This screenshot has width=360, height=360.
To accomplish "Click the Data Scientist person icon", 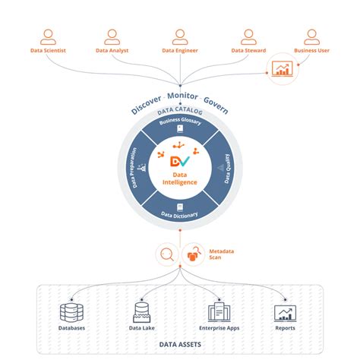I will click(x=49, y=36).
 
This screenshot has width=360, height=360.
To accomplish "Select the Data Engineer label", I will click(x=180, y=52).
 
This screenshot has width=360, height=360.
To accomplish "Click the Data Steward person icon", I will click(x=248, y=36).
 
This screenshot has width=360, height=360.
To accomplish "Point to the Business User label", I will click(x=312, y=52).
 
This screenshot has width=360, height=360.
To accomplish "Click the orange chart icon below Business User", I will click(x=282, y=69).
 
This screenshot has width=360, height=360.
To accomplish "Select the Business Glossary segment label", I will click(x=180, y=122).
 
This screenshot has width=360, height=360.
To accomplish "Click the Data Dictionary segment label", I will click(x=180, y=215).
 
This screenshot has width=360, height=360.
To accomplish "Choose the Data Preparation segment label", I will click(x=134, y=168).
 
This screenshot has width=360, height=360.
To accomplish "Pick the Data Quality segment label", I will click(x=226, y=168).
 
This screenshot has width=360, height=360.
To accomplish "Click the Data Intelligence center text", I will click(x=180, y=180).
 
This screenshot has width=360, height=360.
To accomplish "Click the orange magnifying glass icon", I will click(x=166, y=254).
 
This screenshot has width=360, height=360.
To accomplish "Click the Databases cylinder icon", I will click(x=71, y=312).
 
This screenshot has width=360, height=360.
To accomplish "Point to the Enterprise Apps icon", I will click(x=219, y=312).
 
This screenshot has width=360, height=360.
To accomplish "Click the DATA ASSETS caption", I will click(x=180, y=346).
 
